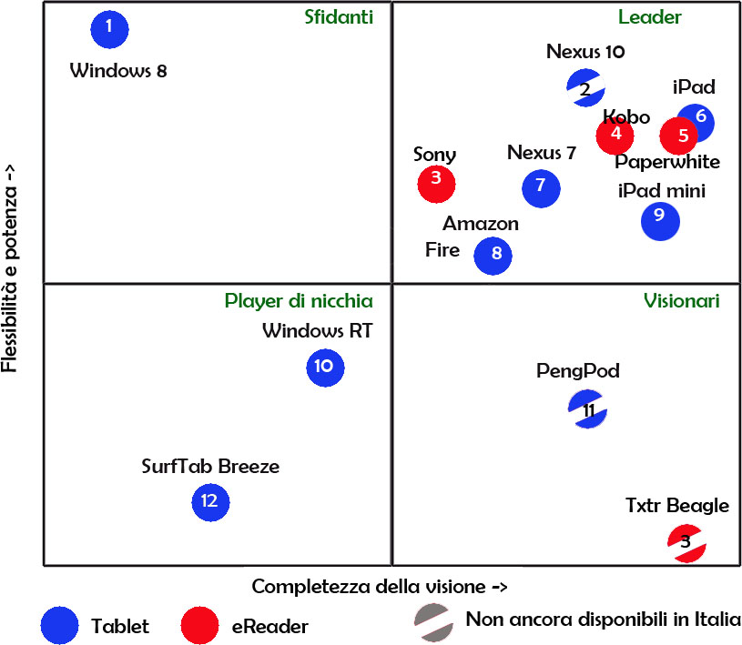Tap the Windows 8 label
click(118, 70)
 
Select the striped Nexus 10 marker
click(584, 87)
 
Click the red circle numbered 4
click(615, 135)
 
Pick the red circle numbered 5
click(679, 136)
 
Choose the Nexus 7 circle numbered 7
click(541, 187)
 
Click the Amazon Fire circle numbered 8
click(493, 255)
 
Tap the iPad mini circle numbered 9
click(660, 219)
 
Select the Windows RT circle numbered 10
click(325, 368)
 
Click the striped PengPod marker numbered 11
click(587, 409)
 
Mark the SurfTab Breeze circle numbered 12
click(211, 501)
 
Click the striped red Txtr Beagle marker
click(686, 543)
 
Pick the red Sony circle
click(436, 182)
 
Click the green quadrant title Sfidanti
click(340, 16)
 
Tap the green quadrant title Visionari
click(682, 300)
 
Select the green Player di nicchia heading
click(299, 300)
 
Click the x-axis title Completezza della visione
click(379, 585)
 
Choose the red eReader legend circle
click(200, 625)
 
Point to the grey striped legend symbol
click(433, 620)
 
